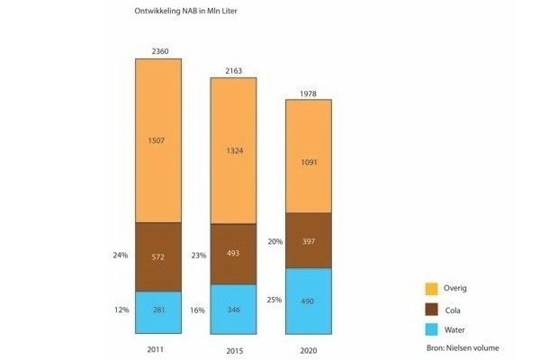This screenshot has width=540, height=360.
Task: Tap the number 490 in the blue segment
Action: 309,301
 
